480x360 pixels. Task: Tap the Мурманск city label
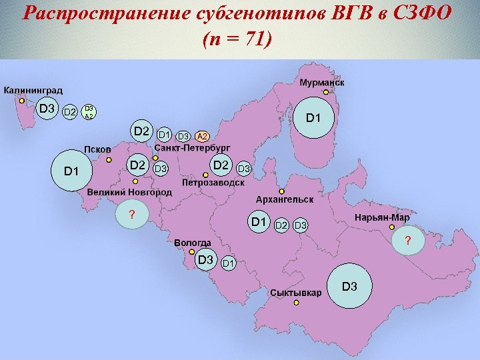[x=321, y=83]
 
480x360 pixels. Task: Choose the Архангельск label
[x=285, y=199]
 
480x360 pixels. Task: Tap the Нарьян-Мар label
[x=382, y=217]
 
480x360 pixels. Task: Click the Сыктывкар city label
[x=296, y=293]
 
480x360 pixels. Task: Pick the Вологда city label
[x=193, y=243]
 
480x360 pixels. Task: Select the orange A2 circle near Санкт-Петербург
[x=203, y=137]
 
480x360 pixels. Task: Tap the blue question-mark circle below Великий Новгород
[x=132, y=214]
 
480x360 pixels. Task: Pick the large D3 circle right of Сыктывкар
[x=350, y=287]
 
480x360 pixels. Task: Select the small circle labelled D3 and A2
[x=89, y=111]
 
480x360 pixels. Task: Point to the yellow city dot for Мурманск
[x=325, y=92]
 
